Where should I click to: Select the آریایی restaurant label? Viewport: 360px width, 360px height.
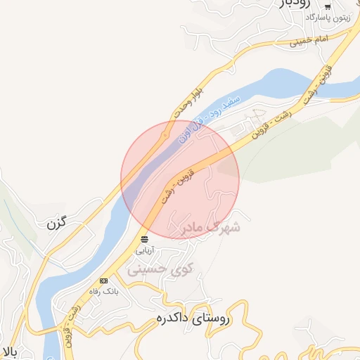143,250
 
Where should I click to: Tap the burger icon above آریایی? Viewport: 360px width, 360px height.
144,240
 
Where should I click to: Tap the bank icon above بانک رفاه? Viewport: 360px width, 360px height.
103,281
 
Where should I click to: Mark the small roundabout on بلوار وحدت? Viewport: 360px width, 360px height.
165,134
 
